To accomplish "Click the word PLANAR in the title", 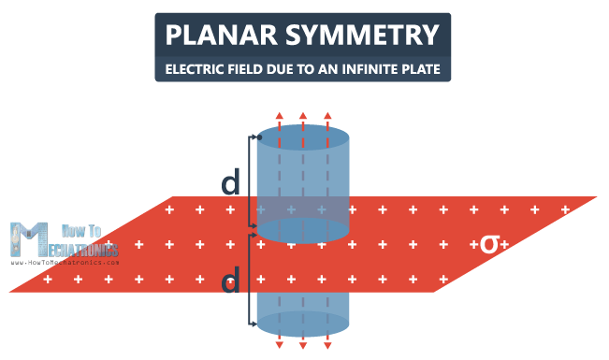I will (x=217, y=36).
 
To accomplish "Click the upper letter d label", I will (x=231, y=184).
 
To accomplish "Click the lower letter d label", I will (x=231, y=280).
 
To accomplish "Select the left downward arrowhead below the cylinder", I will (x=279, y=346).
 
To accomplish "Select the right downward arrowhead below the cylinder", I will (x=327, y=346).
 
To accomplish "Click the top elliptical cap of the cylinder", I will (x=303, y=140).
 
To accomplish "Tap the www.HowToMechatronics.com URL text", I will (x=65, y=263).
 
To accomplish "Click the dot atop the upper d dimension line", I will (x=258, y=138).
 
